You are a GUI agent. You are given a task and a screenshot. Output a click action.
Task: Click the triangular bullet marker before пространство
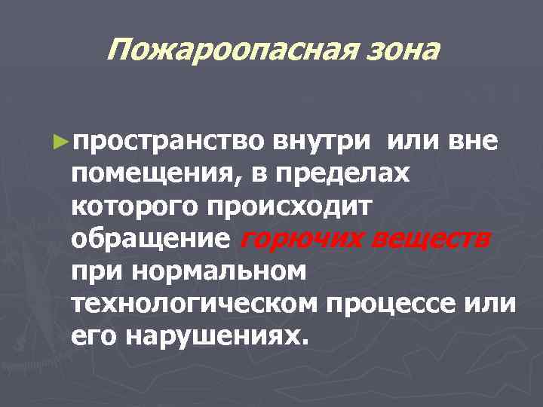[63, 141]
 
